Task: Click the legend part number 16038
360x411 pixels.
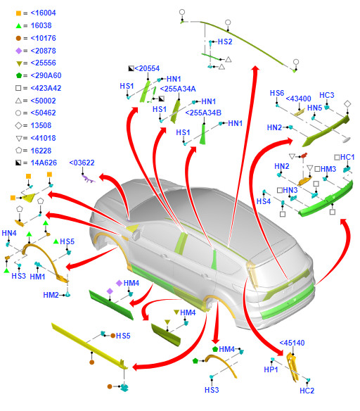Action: pos(41,25)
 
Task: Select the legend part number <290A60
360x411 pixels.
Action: pos(46,75)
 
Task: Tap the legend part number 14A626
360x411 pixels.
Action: pos(44,163)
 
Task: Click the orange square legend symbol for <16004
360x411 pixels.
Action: pos(18,13)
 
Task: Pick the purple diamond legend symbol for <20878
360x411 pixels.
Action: pos(18,51)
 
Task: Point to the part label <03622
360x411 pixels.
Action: pos(82,163)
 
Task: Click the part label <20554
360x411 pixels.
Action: pos(147,68)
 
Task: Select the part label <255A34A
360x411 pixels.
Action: pos(178,89)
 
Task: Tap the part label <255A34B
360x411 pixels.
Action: pos(203,113)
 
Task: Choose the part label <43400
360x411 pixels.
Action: pos(298,99)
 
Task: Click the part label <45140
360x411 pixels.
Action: pos(292,343)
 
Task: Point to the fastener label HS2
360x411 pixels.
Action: pos(225,42)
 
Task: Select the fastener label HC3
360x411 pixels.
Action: pos(327,95)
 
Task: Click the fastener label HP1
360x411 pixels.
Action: pos(271,369)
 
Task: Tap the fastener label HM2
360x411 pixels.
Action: pos(51,295)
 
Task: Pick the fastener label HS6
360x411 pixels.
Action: pos(277,93)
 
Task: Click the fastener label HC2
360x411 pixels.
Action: pos(307,391)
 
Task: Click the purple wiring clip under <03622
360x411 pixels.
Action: pos(89,179)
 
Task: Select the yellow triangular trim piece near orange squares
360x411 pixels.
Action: pos(29,197)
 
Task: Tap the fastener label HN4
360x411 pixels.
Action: pos(9,233)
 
